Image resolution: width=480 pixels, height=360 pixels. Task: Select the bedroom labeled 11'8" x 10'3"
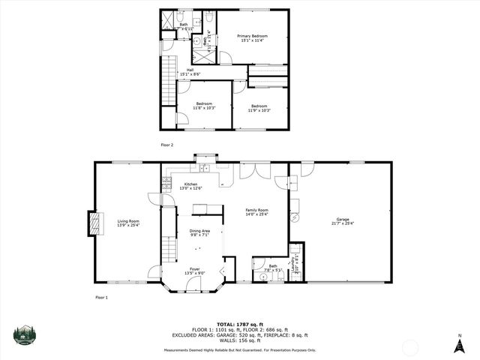[205, 106]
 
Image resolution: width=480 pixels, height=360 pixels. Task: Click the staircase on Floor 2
[169, 82]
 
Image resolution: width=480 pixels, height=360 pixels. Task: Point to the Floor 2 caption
[166, 144]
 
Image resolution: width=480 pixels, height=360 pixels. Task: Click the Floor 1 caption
[102, 298]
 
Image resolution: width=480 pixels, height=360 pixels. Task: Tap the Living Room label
[128, 222]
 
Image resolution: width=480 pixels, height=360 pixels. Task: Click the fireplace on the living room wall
[94, 223]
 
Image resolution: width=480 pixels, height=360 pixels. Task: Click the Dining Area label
[199, 232]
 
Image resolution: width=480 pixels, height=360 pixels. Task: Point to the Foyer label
[194, 271]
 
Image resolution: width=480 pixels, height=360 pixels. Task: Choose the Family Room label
[257, 212]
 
